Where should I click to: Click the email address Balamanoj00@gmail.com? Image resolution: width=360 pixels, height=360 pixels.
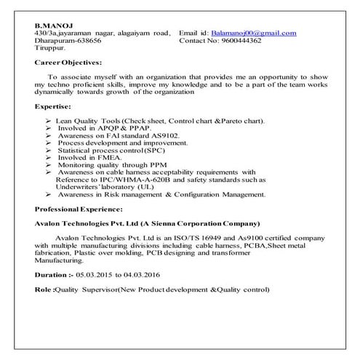252,33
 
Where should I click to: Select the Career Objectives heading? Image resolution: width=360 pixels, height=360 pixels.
68,63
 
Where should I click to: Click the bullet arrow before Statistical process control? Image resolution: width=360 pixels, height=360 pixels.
47,150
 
